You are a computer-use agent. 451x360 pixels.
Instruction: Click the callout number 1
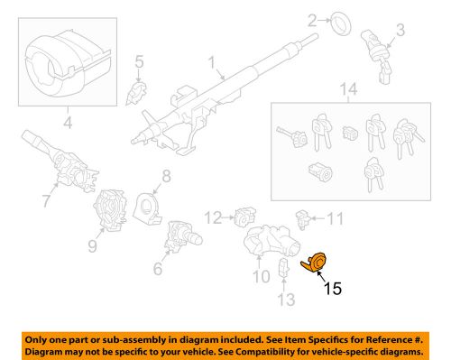(212, 65)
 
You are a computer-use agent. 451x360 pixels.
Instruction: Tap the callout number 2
(312, 21)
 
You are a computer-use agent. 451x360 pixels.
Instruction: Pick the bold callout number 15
(333, 290)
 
